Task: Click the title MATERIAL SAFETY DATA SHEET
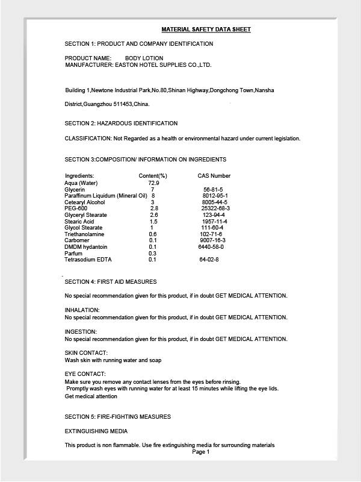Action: (x=206, y=29)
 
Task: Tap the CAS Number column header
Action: (x=214, y=176)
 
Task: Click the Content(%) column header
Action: (x=153, y=176)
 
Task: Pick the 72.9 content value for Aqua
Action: (x=153, y=183)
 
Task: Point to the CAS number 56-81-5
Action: (x=213, y=190)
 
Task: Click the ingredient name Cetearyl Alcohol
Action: (x=84, y=202)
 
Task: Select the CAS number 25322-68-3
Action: (x=215, y=208)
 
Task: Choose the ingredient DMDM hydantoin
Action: (x=86, y=247)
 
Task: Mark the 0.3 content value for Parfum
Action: (x=152, y=254)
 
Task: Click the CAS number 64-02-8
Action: (x=209, y=260)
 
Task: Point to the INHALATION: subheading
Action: (x=82, y=310)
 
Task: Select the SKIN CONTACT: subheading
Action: (x=86, y=352)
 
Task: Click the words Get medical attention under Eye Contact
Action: (x=91, y=396)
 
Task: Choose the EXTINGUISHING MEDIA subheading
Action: (x=96, y=431)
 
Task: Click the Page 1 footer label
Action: (x=201, y=452)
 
